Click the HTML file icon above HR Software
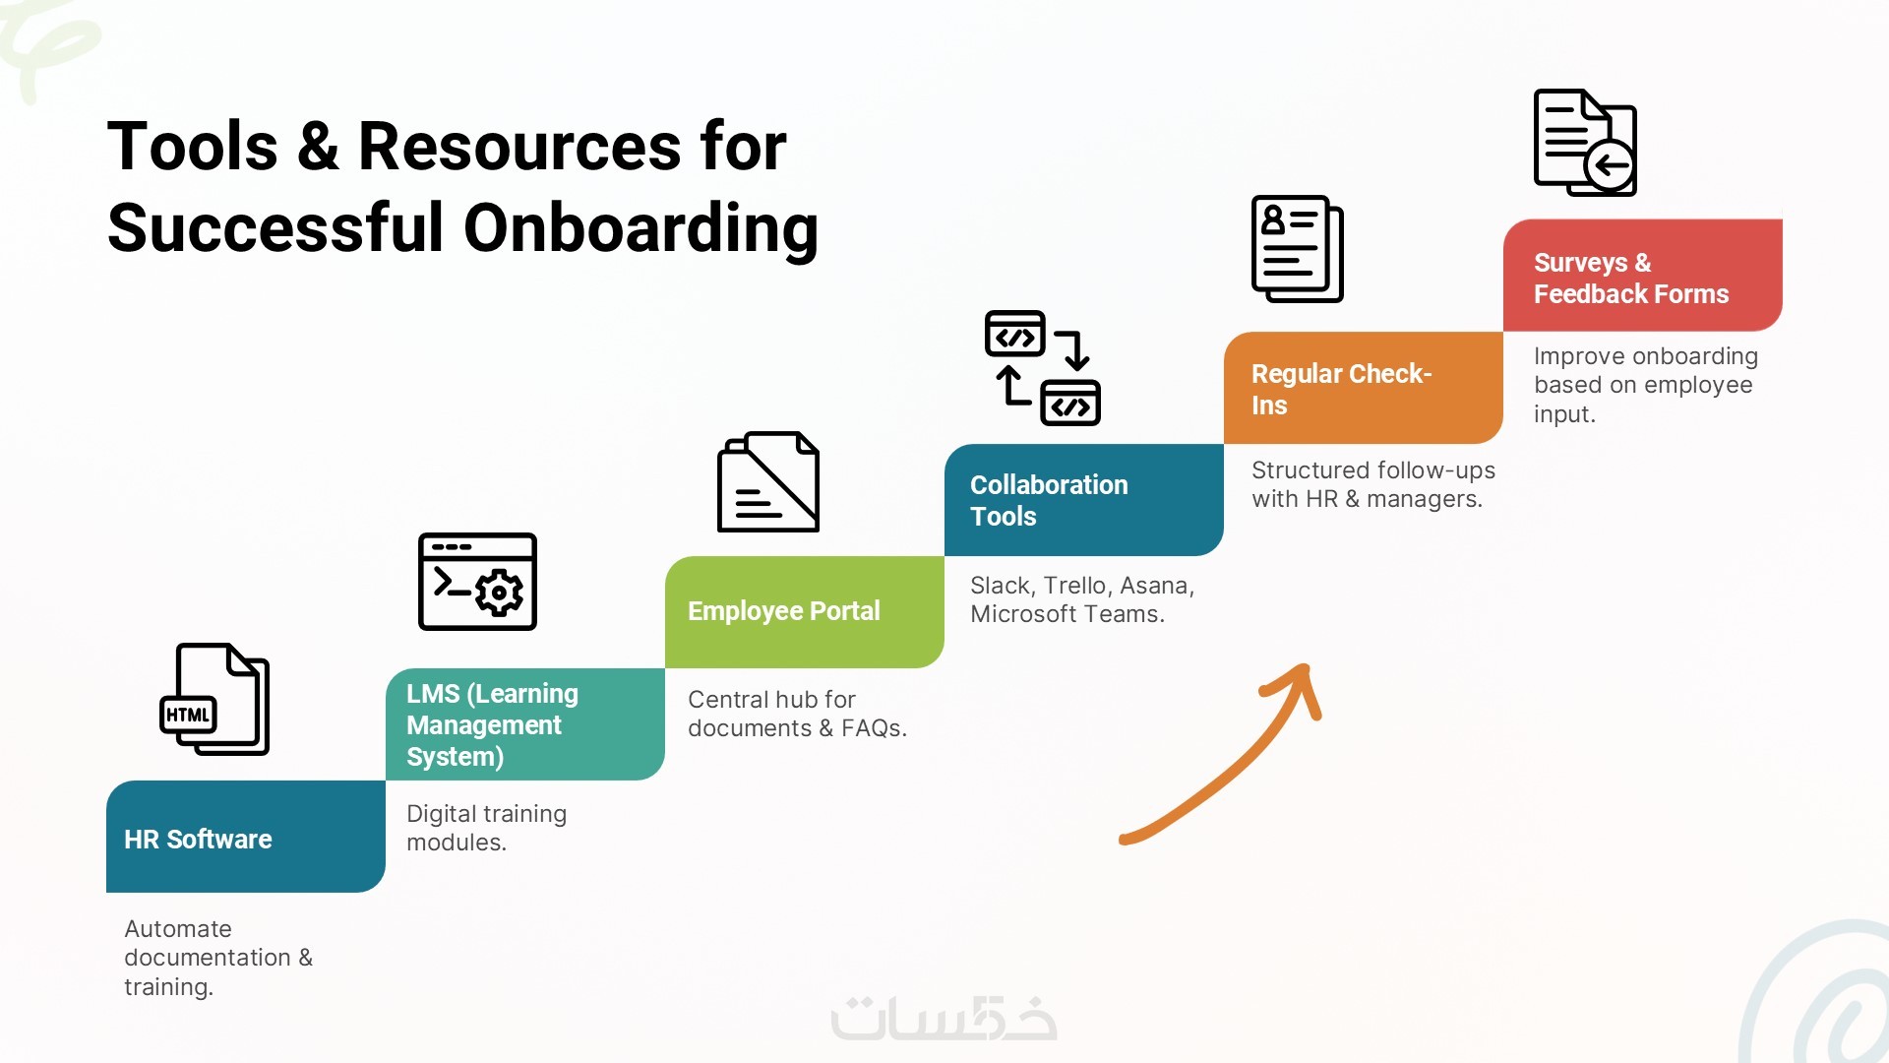click(x=214, y=699)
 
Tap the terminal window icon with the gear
click(x=477, y=582)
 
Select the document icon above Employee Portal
click(x=768, y=481)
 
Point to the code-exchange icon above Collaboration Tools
click(x=1043, y=368)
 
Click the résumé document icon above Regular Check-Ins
click(x=1298, y=249)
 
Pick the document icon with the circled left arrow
click(x=1585, y=143)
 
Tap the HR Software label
click(x=198, y=840)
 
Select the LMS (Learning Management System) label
click(x=492, y=725)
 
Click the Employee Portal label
click(x=783, y=611)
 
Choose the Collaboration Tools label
click(x=1049, y=501)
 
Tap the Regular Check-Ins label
click(x=1341, y=390)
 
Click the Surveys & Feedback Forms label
click(x=1631, y=279)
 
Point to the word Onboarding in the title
click(x=640, y=228)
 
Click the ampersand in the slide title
click(x=318, y=147)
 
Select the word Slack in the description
click(x=1001, y=586)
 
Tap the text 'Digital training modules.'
click(x=486, y=828)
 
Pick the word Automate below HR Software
click(x=178, y=929)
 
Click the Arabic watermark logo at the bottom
click(x=944, y=1018)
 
